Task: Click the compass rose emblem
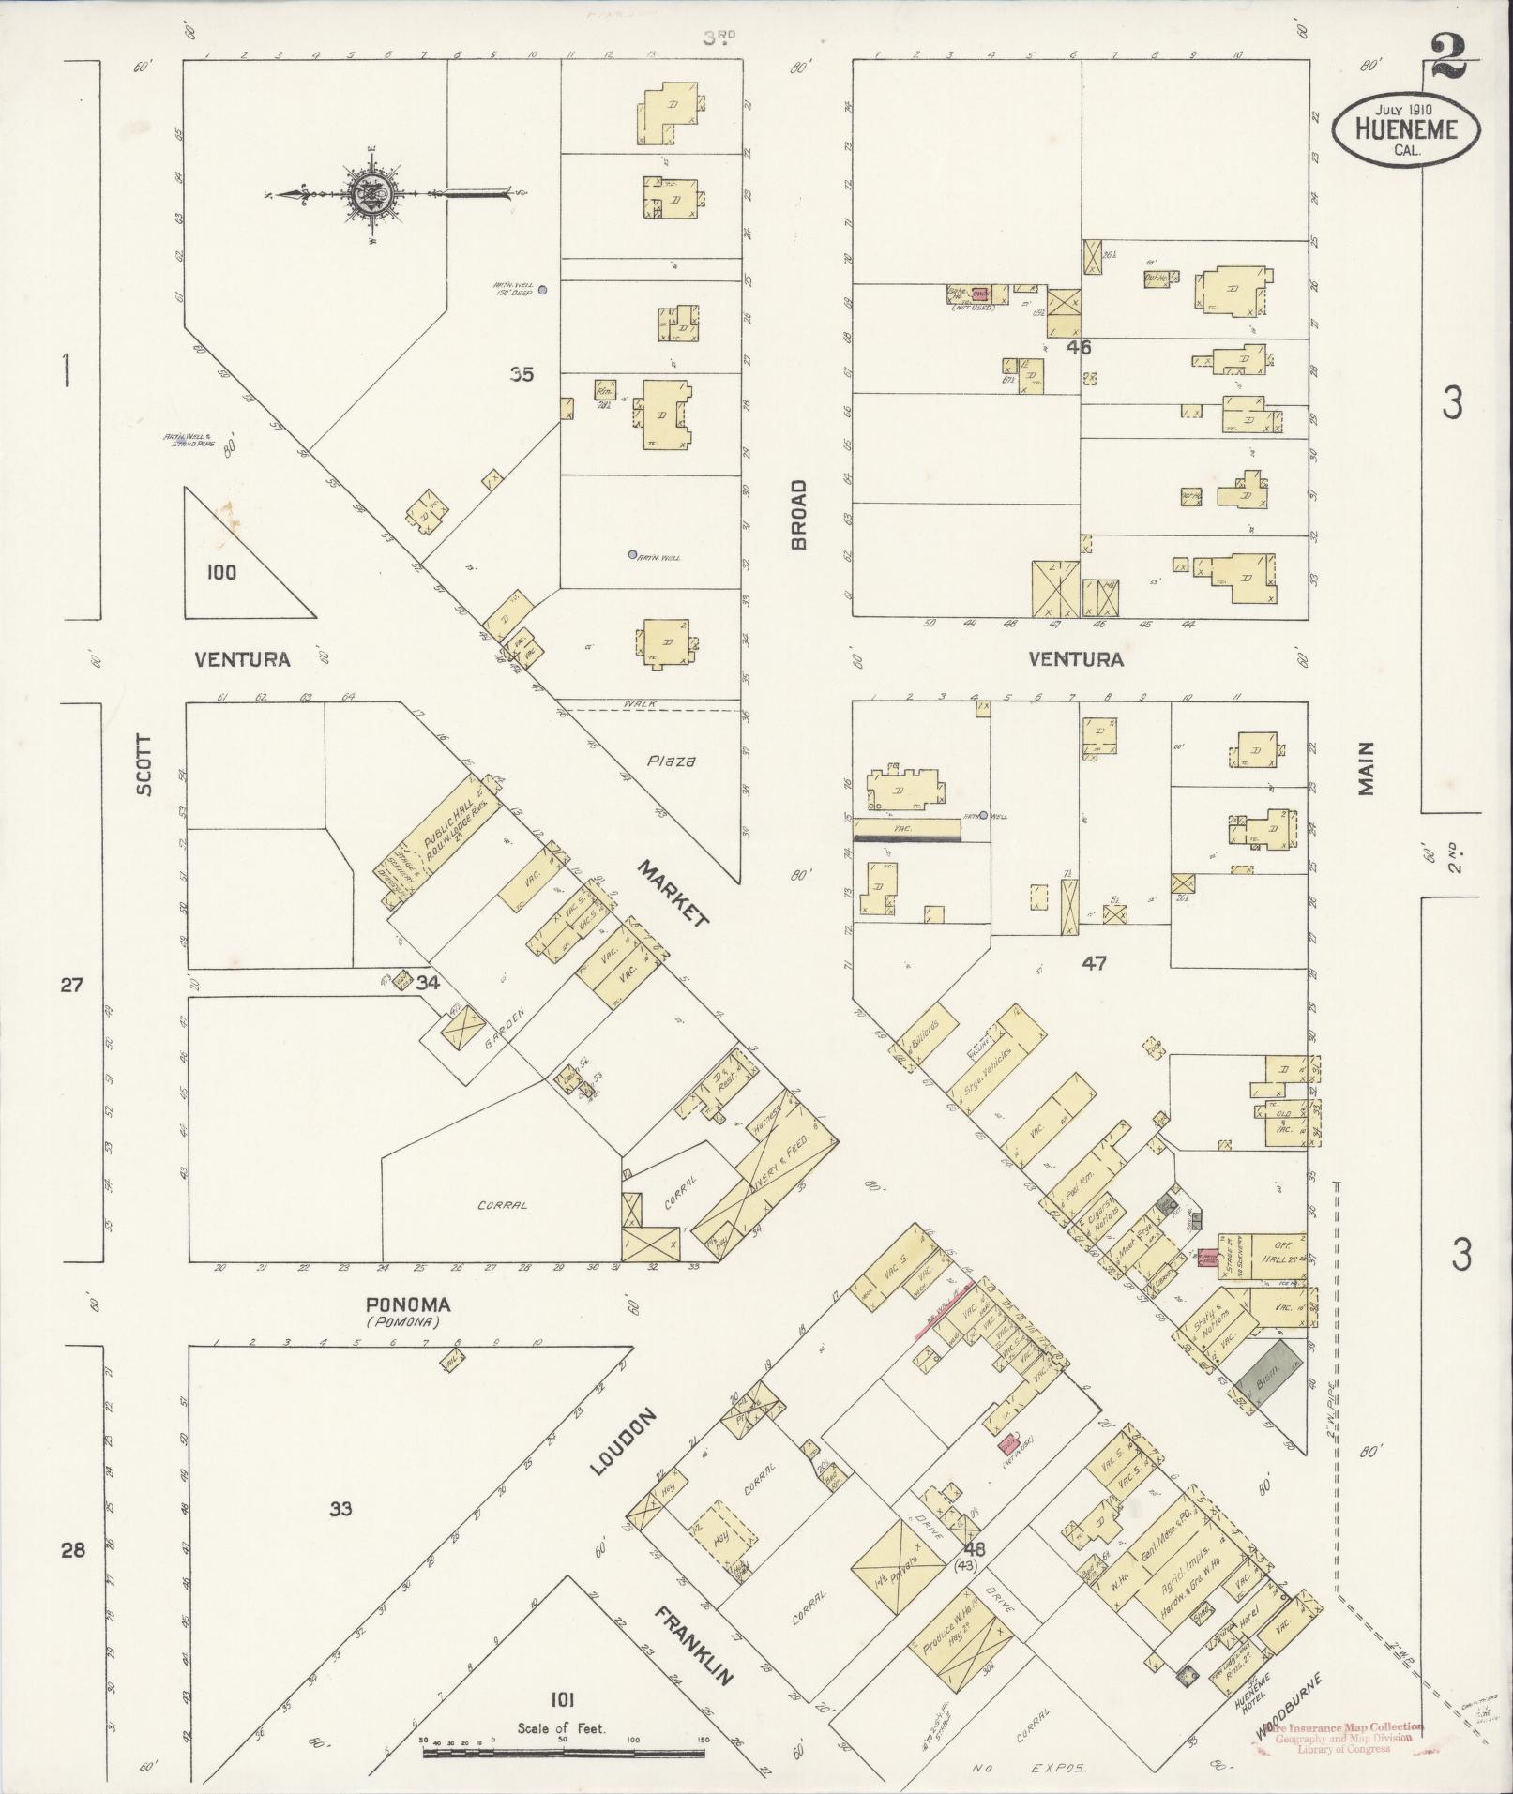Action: (x=371, y=194)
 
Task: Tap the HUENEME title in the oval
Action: (x=1406, y=129)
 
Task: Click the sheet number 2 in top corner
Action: (x=1452, y=58)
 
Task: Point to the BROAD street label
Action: (x=799, y=515)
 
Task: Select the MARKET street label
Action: (x=673, y=894)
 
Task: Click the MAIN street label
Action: (x=1366, y=768)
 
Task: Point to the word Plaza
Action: (x=671, y=761)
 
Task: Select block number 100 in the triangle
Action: (x=221, y=572)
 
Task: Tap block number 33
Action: (x=341, y=1509)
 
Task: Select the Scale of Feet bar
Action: (x=563, y=1751)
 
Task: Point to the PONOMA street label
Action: (x=408, y=1305)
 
